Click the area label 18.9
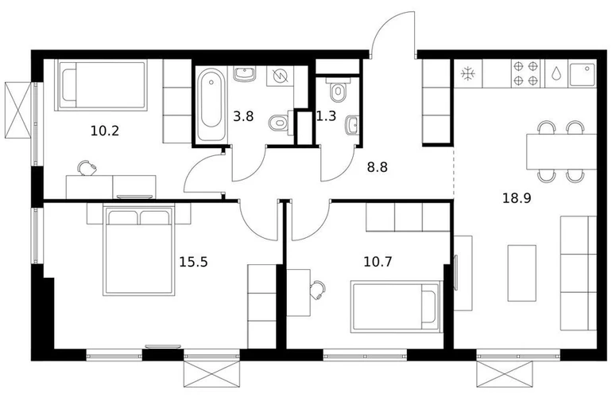point(517,199)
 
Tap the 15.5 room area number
point(193,262)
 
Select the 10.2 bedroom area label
point(105,131)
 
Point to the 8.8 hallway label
point(378,167)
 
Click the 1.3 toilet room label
point(327,116)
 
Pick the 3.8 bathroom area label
point(243,116)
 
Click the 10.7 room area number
point(378,262)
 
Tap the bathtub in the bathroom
point(211,105)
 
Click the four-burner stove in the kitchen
point(525,73)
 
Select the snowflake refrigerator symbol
point(467,73)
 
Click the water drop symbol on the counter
point(556,73)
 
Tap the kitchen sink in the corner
point(583,74)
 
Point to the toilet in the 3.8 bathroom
point(279,123)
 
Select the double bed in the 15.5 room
point(138,250)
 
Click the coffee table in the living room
point(522,273)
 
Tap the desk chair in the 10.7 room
point(318,290)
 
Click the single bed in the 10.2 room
point(103,85)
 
